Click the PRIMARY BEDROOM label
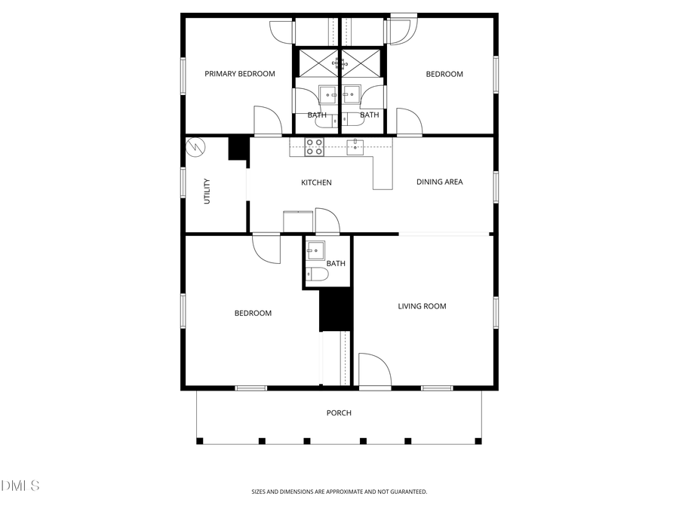[240, 74]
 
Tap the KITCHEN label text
[316, 182]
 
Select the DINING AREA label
[440, 182]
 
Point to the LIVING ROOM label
[422, 306]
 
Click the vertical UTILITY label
[207, 192]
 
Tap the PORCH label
[339, 412]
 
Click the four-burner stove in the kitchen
[315, 147]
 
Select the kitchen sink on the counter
[355, 146]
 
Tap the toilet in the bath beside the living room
[316, 274]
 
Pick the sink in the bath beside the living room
[315, 250]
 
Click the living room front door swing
[373, 370]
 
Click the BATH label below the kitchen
[336, 263]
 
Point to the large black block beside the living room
[336, 309]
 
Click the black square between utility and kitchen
[238, 148]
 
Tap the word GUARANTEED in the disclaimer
[408, 492]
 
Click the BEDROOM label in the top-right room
[444, 74]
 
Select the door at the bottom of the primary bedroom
[267, 121]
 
